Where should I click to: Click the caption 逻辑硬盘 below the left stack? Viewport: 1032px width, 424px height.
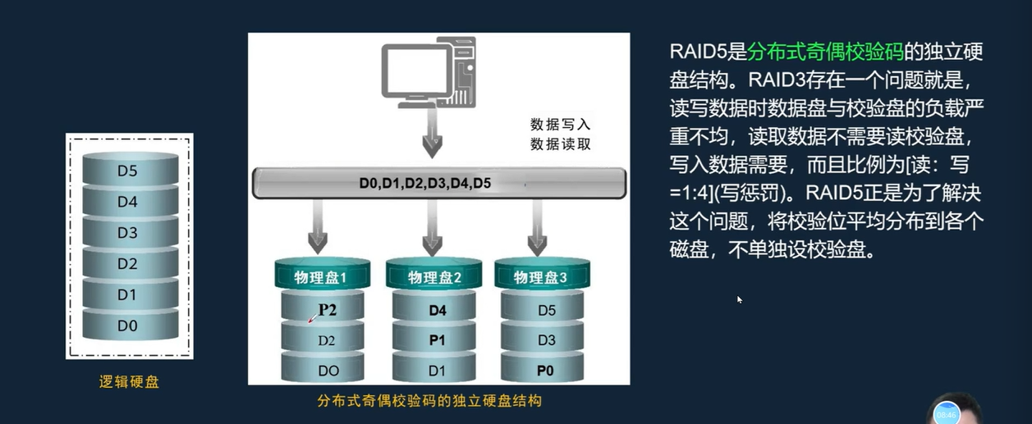click(129, 381)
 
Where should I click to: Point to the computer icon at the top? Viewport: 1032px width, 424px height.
click(428, 75)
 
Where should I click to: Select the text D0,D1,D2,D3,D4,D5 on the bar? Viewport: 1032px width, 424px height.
click(424, 183)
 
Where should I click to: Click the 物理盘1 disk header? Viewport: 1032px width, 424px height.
click(321, 277)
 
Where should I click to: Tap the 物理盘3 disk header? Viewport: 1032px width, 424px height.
click(540, 277)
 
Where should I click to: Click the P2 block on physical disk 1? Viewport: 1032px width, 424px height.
click(328, 310)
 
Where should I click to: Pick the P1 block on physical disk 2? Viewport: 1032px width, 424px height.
click(437, 340)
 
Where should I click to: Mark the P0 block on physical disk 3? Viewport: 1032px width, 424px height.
click(545, 370)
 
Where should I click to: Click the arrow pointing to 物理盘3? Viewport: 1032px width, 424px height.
click(538, 227)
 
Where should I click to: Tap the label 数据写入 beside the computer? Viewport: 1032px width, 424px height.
click(560, 125)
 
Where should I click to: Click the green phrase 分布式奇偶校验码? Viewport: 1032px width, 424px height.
click(825, 52)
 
